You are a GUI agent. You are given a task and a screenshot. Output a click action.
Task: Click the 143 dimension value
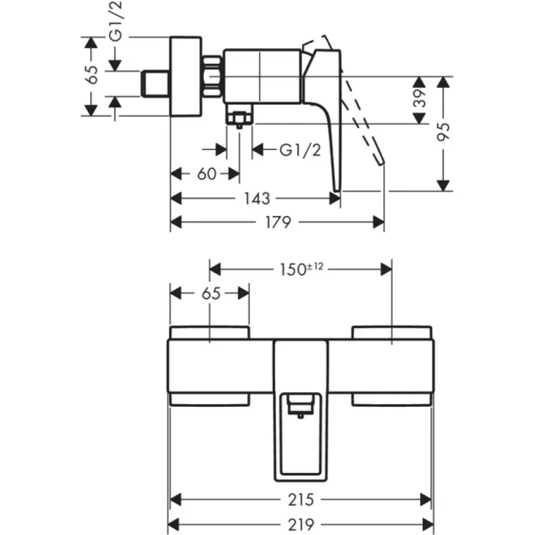point(257,199)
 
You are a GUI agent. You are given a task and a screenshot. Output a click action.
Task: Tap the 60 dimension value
point(206,174)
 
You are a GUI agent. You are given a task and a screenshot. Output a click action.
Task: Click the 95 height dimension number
point(443,131)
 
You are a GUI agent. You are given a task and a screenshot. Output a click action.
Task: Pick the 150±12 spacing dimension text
point(301,269)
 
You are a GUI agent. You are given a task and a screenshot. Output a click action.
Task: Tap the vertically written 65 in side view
point(92,75)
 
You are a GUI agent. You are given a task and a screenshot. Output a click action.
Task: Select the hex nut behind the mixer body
point(213,76)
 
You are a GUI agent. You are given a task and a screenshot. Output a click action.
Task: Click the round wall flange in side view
point(184,76)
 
